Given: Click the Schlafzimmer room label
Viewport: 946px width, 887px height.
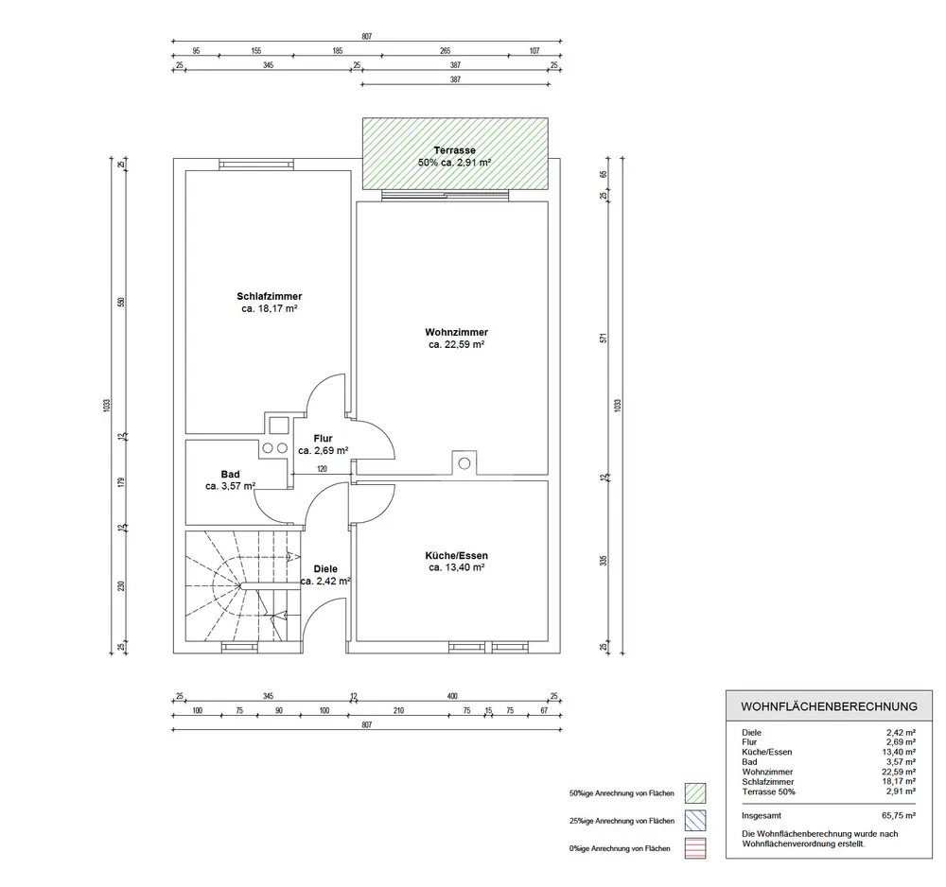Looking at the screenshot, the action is pos(269,296).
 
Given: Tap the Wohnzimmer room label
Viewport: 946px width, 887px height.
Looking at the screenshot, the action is pos(456,332).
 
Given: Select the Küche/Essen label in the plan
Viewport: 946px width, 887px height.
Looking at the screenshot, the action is pos(456,555).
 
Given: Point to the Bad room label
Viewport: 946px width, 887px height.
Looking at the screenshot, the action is pos(230,475).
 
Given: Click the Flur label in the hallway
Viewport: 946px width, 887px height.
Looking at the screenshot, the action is pos(323,439).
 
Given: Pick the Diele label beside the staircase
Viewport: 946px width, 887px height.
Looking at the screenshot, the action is pos(325,568).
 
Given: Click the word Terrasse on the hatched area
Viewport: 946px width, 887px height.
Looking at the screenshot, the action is pos(454,150).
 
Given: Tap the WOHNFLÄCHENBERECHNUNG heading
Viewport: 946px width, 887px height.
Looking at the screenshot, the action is pos(829,706).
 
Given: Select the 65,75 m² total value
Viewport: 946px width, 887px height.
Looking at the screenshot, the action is pos(899,815).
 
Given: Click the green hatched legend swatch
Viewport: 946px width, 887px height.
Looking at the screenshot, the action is pos(695,793).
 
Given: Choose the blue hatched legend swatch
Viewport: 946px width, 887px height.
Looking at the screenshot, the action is pos(695,821).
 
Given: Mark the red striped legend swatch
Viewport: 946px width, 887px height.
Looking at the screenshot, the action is pos(695,848).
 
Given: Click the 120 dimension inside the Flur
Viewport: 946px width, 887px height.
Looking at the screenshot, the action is pos(322,468).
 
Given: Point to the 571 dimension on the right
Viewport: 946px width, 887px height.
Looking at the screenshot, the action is pos(604,339).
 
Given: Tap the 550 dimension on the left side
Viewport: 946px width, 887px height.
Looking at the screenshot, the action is pos(121,302).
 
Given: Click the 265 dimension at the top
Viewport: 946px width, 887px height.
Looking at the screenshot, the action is pos(445,51).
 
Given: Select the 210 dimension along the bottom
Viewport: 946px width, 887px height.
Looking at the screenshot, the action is pos(398,710).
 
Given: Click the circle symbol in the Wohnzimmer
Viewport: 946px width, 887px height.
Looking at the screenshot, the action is pos(464,463).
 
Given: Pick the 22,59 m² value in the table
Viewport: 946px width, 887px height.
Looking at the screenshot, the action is pos(899,772).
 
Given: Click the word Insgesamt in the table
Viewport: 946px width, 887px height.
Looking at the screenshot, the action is pos(762,816).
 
